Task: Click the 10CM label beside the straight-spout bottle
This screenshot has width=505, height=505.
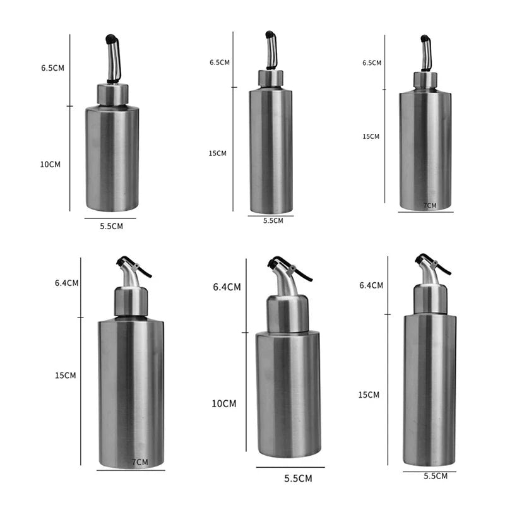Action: [50, 164]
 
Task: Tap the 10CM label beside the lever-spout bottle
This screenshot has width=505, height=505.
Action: [223, 403]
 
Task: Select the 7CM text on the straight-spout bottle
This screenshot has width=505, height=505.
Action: [429, 205]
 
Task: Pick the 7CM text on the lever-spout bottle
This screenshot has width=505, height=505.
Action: [140, 463]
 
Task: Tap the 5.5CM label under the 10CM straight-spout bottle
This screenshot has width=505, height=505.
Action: [111, 226]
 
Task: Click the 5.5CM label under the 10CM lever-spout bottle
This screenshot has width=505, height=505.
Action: [298, 478]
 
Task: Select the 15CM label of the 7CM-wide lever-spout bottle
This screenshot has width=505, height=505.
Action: [65, 375]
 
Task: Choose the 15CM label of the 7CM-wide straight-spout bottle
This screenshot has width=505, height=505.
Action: [371, 136]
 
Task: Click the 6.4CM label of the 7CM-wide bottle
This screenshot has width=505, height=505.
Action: [66, 283]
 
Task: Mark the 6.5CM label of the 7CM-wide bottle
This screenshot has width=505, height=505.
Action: [372, 63]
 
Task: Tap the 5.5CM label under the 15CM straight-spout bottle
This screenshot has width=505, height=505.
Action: [273, 220]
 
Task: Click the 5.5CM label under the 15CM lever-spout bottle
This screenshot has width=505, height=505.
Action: [436, 476]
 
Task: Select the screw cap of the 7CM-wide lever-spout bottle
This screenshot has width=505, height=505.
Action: [131, 302]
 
